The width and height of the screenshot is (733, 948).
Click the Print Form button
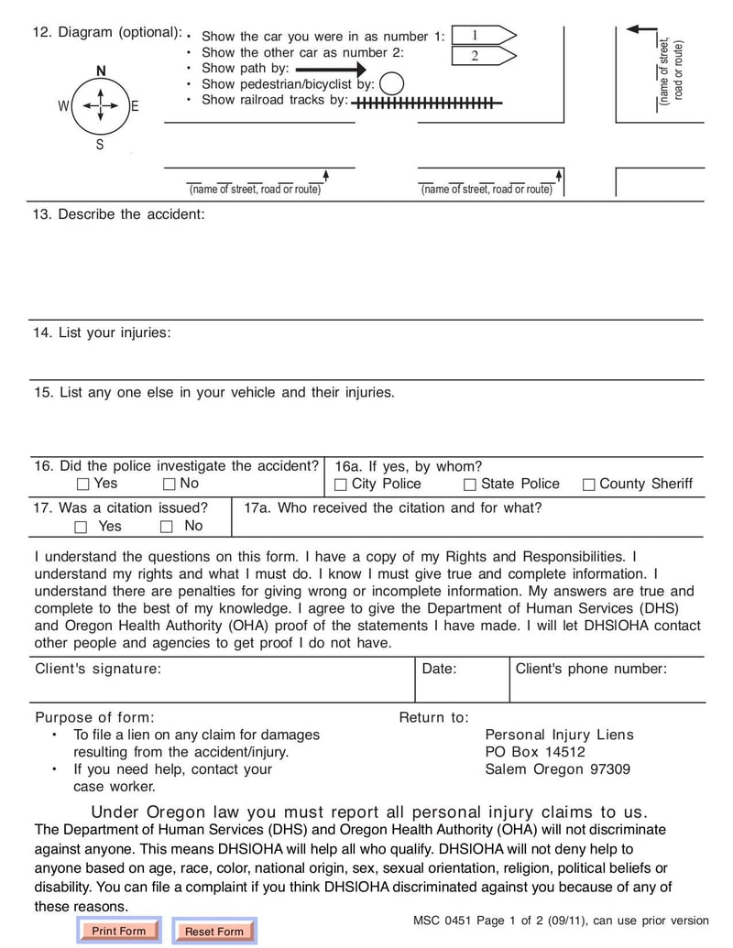click(x=119, y=931)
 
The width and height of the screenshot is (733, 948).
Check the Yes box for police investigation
click(x=83, y=485)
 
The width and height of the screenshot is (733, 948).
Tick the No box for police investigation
click(x=169, y=485)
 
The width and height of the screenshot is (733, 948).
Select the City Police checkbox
click(x=341, y=485)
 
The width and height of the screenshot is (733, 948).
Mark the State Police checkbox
click(x=470, y=485)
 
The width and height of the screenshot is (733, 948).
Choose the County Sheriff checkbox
click(x=589, y=485)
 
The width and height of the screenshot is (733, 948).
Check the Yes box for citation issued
click(x=82, y=527)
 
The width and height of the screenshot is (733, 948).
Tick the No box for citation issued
click(x=166, y=527)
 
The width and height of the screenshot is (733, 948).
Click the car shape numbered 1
click(x=484, y=36)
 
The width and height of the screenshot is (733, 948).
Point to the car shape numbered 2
click(x=484, y=56)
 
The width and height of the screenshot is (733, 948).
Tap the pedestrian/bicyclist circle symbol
click(x=391, y=83)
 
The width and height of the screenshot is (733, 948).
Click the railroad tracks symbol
click(x=427, y=104)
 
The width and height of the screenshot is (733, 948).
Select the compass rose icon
click(x=99, y=105)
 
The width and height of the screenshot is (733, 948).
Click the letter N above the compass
click(x=100, y=71)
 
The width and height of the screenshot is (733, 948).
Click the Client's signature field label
click(x=98, y=669)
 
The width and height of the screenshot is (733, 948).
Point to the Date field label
click(x=439, y=669)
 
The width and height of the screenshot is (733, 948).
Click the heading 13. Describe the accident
click(x=119, y=214)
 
